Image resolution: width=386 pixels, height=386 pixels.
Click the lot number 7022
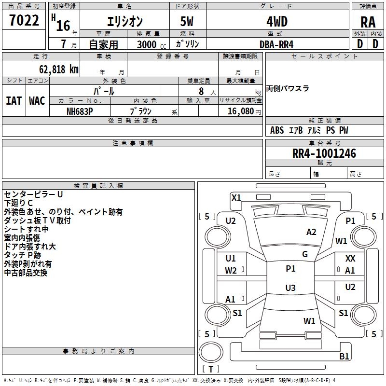(x=24, y=20)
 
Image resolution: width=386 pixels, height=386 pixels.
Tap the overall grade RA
(x=368, y=22)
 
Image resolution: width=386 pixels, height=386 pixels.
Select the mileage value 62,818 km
(x=59, y=69)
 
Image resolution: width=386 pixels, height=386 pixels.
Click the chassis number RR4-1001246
(x=324, y=153)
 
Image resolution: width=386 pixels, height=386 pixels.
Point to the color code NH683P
(x=80, y=111)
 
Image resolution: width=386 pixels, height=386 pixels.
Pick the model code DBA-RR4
(x=276, y=44)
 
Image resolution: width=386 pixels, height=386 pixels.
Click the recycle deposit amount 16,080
(x=240, y=111)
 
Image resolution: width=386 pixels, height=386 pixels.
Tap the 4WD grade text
(x=277, y=22)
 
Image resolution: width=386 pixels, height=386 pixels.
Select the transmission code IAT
(x=14, y=101)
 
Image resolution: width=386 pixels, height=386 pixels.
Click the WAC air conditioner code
(x=37, y=101)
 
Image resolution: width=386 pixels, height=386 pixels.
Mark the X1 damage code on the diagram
(x=236, y=198)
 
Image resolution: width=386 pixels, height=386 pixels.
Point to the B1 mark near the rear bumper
(x=344, y=356)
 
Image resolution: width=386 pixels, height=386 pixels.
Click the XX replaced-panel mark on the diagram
(x=350, y=258)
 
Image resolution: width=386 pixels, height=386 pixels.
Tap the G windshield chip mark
(x=305, y=254)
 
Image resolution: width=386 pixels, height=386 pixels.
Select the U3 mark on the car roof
(x=290, y=288)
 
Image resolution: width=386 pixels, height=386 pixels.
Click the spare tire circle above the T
(x=211, y=352)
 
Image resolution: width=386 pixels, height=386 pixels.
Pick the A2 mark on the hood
(x=311, y=232)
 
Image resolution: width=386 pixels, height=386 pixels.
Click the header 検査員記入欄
(x=98, y=186)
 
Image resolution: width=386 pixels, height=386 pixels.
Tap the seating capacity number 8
(x=201, y=91)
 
